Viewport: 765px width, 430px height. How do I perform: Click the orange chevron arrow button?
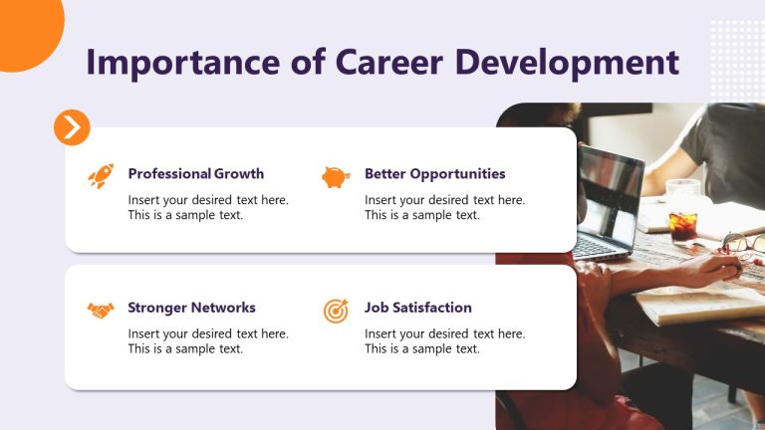(72, 127)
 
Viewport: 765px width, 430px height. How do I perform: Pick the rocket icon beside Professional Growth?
(101, 176)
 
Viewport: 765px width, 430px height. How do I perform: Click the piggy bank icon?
(336, 177)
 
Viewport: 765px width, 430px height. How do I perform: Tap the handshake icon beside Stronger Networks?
(101, 310)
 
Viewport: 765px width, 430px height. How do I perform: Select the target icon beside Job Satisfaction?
(336, 311)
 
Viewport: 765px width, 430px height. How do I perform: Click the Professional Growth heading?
(195, 174)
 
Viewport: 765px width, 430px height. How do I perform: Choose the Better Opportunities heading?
(434, 174)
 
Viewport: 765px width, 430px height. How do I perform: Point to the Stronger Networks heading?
(191, 308)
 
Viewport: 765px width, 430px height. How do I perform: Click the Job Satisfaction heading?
(417, 308)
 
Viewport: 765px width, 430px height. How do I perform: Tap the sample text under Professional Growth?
(208, 207)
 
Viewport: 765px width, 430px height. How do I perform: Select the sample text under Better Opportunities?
(444, 207)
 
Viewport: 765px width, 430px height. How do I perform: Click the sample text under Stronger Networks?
(208, 341)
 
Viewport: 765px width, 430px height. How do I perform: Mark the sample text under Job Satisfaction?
(444, 341)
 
